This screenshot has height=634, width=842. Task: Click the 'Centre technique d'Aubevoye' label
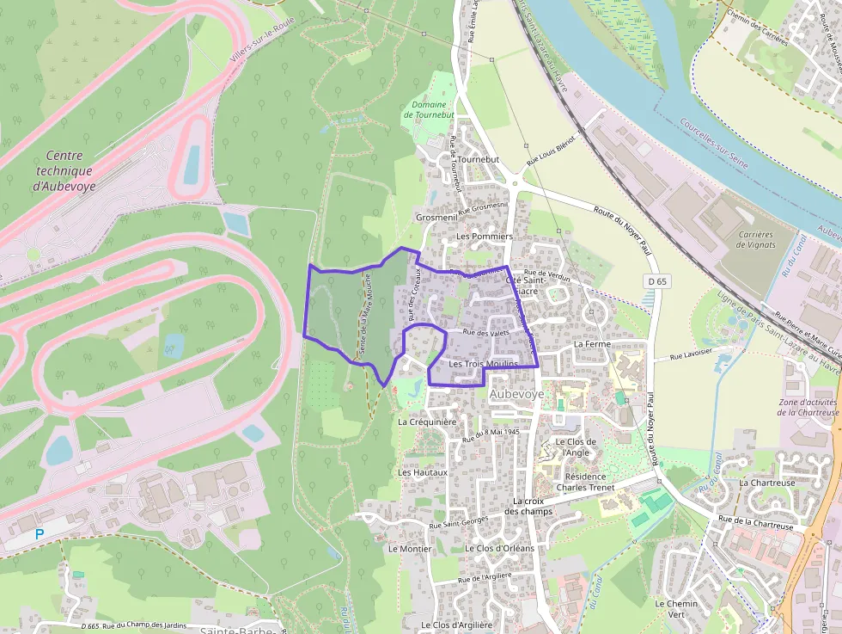(64, 170)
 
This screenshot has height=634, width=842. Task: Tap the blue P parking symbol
(40, 534)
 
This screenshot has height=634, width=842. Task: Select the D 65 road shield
(657, 281)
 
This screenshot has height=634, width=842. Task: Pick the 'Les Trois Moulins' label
(484, 364)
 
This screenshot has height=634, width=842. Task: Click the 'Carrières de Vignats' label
(756, 239)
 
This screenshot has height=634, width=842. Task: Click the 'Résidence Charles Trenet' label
(581, 482)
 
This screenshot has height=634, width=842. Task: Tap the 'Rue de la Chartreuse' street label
(755, 520)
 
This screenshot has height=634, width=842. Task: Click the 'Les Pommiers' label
(484, 236)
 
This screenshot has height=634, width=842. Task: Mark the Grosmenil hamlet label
(436, 218)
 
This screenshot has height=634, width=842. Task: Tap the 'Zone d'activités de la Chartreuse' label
(808, 407)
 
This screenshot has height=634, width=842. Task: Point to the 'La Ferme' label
(592, 343)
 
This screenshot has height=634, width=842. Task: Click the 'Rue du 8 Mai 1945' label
(491, 435)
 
